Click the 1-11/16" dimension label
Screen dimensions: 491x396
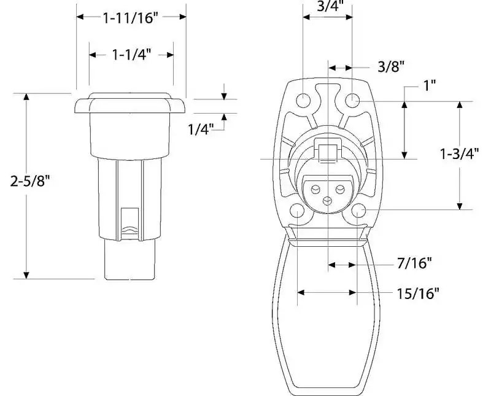[129, 18]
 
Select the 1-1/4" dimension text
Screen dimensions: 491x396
[131, 55]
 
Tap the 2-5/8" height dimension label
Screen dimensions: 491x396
[30, 181]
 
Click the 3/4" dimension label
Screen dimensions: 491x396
[328, 6]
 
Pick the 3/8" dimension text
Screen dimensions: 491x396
[391, 66]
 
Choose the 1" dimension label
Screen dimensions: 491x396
[430, 85]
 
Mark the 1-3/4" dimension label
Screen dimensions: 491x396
[460, 153]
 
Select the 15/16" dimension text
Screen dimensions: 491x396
[419, 293]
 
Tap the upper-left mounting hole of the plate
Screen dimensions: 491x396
[303, 101]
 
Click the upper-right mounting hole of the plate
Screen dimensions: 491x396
[352, 101]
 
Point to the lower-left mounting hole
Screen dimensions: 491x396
[297, 211]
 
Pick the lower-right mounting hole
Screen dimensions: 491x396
[358, 211]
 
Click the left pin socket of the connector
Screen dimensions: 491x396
[315, 189]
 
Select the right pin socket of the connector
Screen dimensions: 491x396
[340, 189]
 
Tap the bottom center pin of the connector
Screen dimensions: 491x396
[327, 201]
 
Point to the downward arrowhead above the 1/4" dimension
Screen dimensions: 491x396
[224, 96]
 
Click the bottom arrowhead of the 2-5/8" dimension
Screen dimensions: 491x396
[26, 275]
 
